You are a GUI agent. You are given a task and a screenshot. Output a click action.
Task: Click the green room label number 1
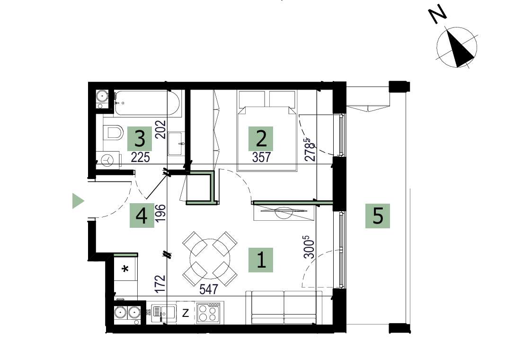[x=261, y=260]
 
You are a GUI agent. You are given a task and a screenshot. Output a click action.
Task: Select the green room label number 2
[x=261, y=138]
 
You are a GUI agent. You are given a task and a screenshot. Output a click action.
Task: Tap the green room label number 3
[x=140, y=139]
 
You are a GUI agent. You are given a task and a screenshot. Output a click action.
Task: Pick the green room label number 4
[x=142, y=216]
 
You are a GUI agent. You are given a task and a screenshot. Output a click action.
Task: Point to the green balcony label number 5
[x=377, y=216]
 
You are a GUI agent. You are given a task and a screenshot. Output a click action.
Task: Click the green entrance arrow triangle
[x=78, y=201]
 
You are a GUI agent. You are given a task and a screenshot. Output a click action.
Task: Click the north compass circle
[x=456, y=47]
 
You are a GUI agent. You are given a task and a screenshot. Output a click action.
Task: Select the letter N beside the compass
[x=438, y=15]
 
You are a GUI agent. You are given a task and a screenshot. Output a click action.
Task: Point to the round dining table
[x=210, y=258]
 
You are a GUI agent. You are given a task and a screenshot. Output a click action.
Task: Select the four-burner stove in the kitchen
[x=208, y=313]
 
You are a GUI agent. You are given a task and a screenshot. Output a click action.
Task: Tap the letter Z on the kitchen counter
[x=186, y=313]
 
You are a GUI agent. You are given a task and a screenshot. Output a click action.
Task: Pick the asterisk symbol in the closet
[x=125, y=270]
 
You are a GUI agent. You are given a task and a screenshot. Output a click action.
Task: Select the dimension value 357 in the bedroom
[x=261, y=158]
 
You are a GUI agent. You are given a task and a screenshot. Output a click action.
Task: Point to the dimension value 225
[x=140, y=158]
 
